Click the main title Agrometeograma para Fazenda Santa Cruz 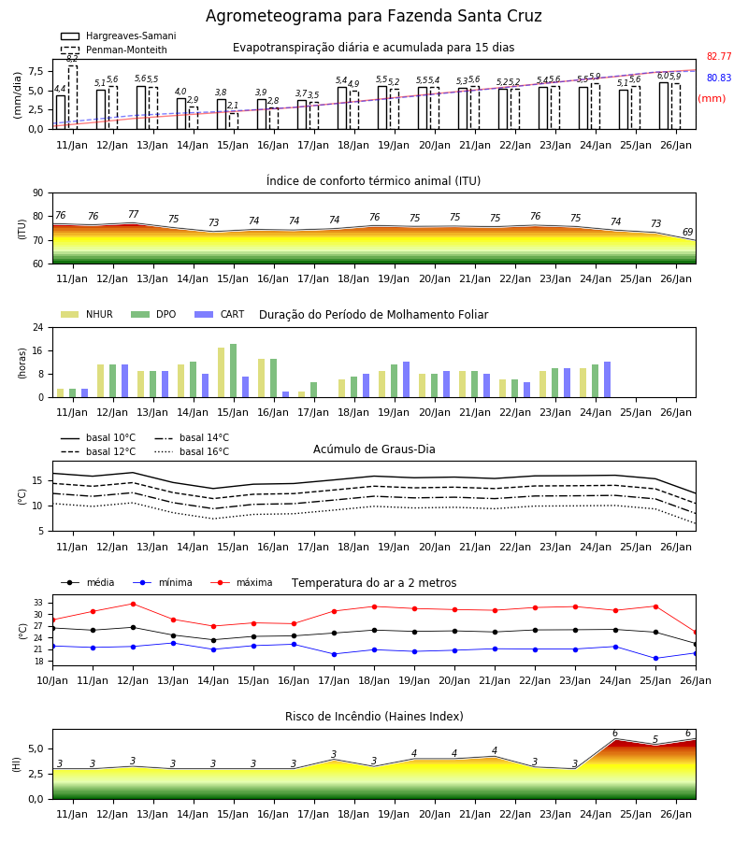coord(373,16)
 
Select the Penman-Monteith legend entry coord(114,50)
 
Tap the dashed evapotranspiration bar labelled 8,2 coord(73,97)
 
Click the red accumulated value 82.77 coord(719,56)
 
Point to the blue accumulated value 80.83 coord(719,78)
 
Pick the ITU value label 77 coord(133,214)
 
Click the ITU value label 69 coord(687,233)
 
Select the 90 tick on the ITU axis coord(38,193)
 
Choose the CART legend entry coord(220,314)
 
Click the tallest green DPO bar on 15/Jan coord(234,371)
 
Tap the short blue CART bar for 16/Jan coord(285,394)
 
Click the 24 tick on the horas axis coord(38,327)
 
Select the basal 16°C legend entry coord(192,452)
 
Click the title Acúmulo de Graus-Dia coord(374,449)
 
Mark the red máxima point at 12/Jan coord(133,604)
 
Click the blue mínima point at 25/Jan coord(655,658)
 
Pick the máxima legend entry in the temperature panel coord(241,582)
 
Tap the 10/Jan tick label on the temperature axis coord(52,680)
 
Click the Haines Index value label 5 coord(655,740)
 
